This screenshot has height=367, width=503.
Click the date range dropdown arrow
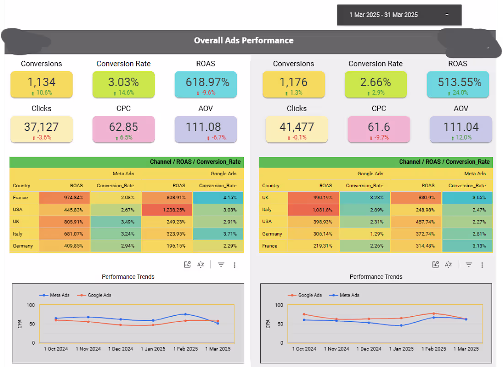pyautogui.click(x=447, y=15)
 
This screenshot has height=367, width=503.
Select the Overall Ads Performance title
pyautogui.click(x=244, y=40)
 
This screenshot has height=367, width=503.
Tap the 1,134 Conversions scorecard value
pyautogui.click(x=41, y=82)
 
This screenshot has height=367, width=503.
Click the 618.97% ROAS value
pyautogui.click(x=208, y=82)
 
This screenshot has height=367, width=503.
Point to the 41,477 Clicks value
pyautogui.click(x=297, y=127)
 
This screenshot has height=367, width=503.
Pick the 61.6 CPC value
pyautogui.click(x=379, y=127)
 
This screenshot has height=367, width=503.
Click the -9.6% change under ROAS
pyautogui.click(x=206, y=93)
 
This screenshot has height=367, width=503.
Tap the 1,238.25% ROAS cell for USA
pyautogui.click(x=167, y=210)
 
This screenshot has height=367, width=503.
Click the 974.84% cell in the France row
pyautogui.click(x=64, y=198)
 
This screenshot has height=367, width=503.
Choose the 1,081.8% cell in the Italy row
pyautogui.click(x=313, y=210)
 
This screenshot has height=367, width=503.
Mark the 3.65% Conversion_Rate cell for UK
pyautogui.click(x=467, y=198)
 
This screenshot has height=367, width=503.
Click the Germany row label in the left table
pyautogui.click(x=23, y=246)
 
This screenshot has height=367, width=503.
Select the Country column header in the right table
pyautogui.click(x=271, y=186)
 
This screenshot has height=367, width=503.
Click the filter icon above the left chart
pyautogui.click(x=221, y=264)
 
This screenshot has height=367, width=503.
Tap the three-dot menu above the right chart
pyautogui.click(x=482, y=265)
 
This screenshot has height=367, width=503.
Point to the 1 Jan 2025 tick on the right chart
pyautogui.click(x=401, y=349)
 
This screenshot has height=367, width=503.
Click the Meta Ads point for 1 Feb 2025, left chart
pyautogui.click(x=185, y=314)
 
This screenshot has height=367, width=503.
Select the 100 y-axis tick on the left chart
pyautogui.click(x=31, y=305)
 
